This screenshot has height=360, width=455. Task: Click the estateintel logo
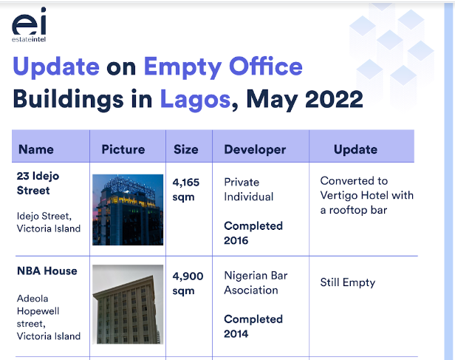[29, 25]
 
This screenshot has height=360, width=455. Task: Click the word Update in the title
[56, 67]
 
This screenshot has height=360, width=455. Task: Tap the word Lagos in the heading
[195, 99]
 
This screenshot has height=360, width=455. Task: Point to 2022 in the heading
[334, 99]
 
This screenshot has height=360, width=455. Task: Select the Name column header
[36, 149]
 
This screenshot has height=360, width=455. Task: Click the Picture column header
[123, 149]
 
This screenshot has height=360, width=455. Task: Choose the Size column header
[186, 149]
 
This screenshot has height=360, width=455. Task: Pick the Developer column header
[255, 150]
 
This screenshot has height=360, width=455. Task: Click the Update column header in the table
[356, 150]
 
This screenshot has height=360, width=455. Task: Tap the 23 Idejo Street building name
[38, 183]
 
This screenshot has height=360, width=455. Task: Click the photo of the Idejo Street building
[128, 210]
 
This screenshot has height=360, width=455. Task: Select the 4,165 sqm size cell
[186, 189]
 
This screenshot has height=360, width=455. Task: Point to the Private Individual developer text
[249, 189]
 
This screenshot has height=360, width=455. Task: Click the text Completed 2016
[253, 233]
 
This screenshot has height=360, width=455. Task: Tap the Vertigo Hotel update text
[367, 195]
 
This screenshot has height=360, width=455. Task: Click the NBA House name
[47, 271]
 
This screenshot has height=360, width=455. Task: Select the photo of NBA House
[128, 305]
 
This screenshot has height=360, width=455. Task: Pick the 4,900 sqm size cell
[188, 283]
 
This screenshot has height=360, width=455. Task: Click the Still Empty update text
[348, 282]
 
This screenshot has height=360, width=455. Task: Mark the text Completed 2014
[253, 327]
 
